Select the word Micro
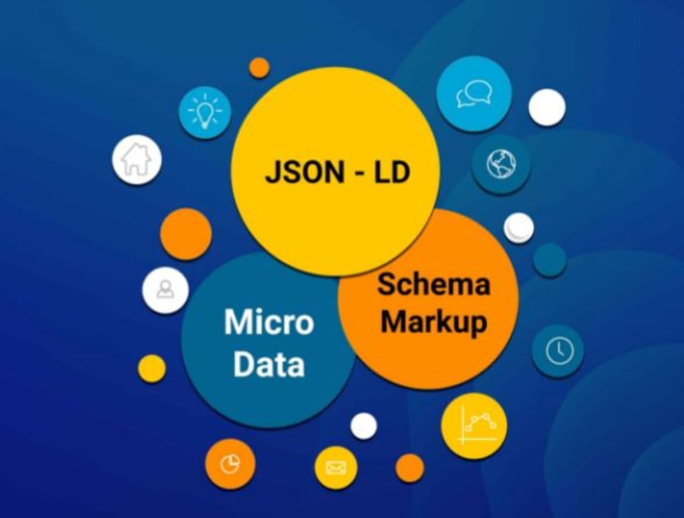(269, 322)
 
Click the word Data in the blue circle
(269, 364)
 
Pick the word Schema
(433, 284)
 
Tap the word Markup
(433, 322)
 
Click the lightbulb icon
(204, 112)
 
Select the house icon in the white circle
(136, 160)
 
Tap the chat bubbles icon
(474, 93)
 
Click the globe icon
(501, 164)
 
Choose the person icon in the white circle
(165, 290)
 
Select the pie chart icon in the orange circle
(230, 464)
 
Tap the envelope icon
(335, 467)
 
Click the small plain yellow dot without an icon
(152, 368)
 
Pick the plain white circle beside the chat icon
(547, 107)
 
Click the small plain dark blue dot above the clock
(550, 260)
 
